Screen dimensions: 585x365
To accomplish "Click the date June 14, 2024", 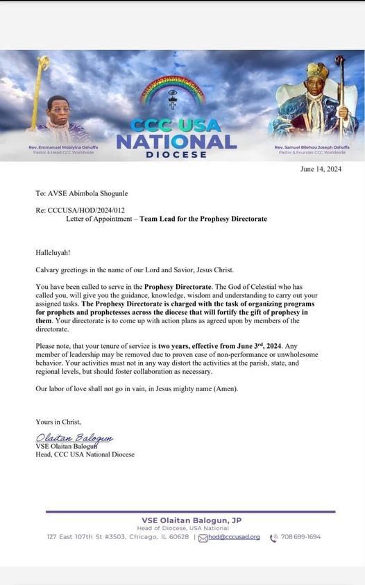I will (321, 169).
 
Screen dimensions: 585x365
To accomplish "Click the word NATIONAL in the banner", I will (176, 142).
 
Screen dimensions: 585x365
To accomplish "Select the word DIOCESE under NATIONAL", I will (176, 154).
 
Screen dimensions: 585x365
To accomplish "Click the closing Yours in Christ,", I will (58, 422).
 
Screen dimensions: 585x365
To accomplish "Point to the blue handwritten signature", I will (74, 438).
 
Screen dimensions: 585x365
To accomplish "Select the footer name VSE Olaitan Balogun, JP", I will (191, 520).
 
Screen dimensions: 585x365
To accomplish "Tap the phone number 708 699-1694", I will (300, 537).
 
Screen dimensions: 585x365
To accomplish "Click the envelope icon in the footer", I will (203, 538).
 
